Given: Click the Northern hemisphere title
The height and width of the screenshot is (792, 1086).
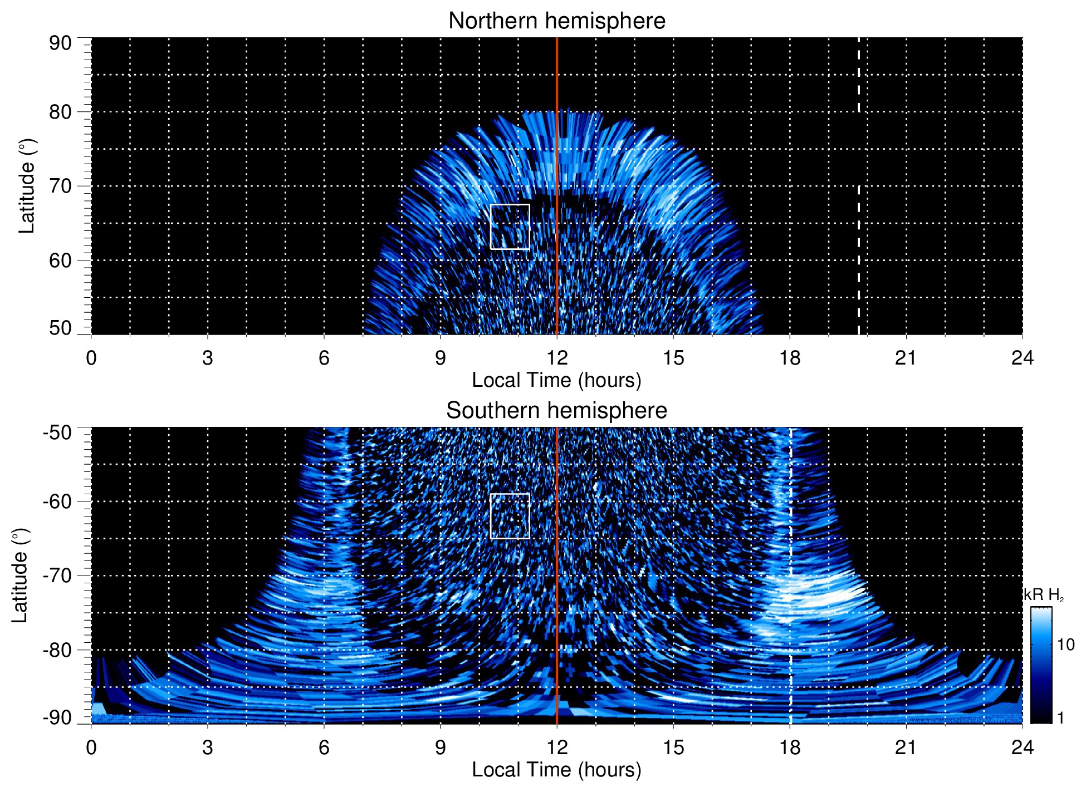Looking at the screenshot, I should click(556, 21).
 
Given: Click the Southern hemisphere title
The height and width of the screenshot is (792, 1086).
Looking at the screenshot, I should click(556, 411).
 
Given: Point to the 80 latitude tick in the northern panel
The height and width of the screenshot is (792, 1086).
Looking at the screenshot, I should click(60, 112).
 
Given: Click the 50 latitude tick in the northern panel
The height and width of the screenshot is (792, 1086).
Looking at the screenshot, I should click(60, 328).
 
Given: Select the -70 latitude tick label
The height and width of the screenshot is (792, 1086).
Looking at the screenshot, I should click(57, 575).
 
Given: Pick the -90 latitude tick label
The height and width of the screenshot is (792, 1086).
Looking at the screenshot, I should click(57, 717).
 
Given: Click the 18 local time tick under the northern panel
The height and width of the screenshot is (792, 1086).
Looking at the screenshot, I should click(790, 358).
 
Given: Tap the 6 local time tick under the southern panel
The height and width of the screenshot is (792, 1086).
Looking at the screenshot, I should click(324, 747).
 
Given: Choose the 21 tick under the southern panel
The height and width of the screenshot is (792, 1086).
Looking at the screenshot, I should click(906, 747).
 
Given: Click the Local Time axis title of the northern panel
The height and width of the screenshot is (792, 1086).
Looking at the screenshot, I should click(556, 381).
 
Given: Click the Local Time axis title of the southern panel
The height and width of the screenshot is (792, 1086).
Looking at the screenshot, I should click(556, 770).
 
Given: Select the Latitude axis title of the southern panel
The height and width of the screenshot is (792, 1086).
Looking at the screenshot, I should click(19, 575).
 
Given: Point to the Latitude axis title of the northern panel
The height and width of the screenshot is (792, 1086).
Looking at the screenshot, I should click(27, 186).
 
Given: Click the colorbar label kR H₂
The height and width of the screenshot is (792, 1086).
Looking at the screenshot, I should click(1044, 595).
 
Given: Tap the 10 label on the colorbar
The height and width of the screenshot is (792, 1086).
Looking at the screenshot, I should click(1065, 645).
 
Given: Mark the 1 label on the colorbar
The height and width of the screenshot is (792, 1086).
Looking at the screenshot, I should click(1060, 717).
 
